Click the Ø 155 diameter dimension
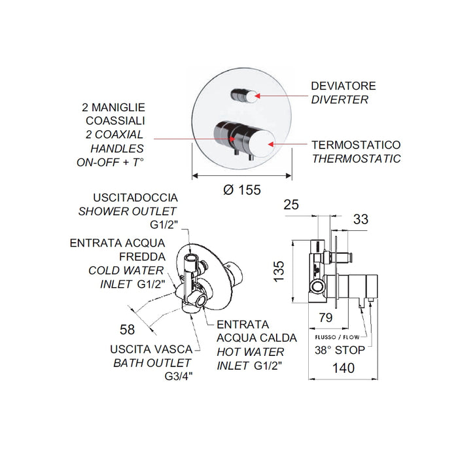tap(241, 190)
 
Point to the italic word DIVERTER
tap(340, 100)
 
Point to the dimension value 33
tap(361, 220)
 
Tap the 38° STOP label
tap(339, 350)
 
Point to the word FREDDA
tap(143, 256)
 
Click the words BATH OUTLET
tap(152, 363)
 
